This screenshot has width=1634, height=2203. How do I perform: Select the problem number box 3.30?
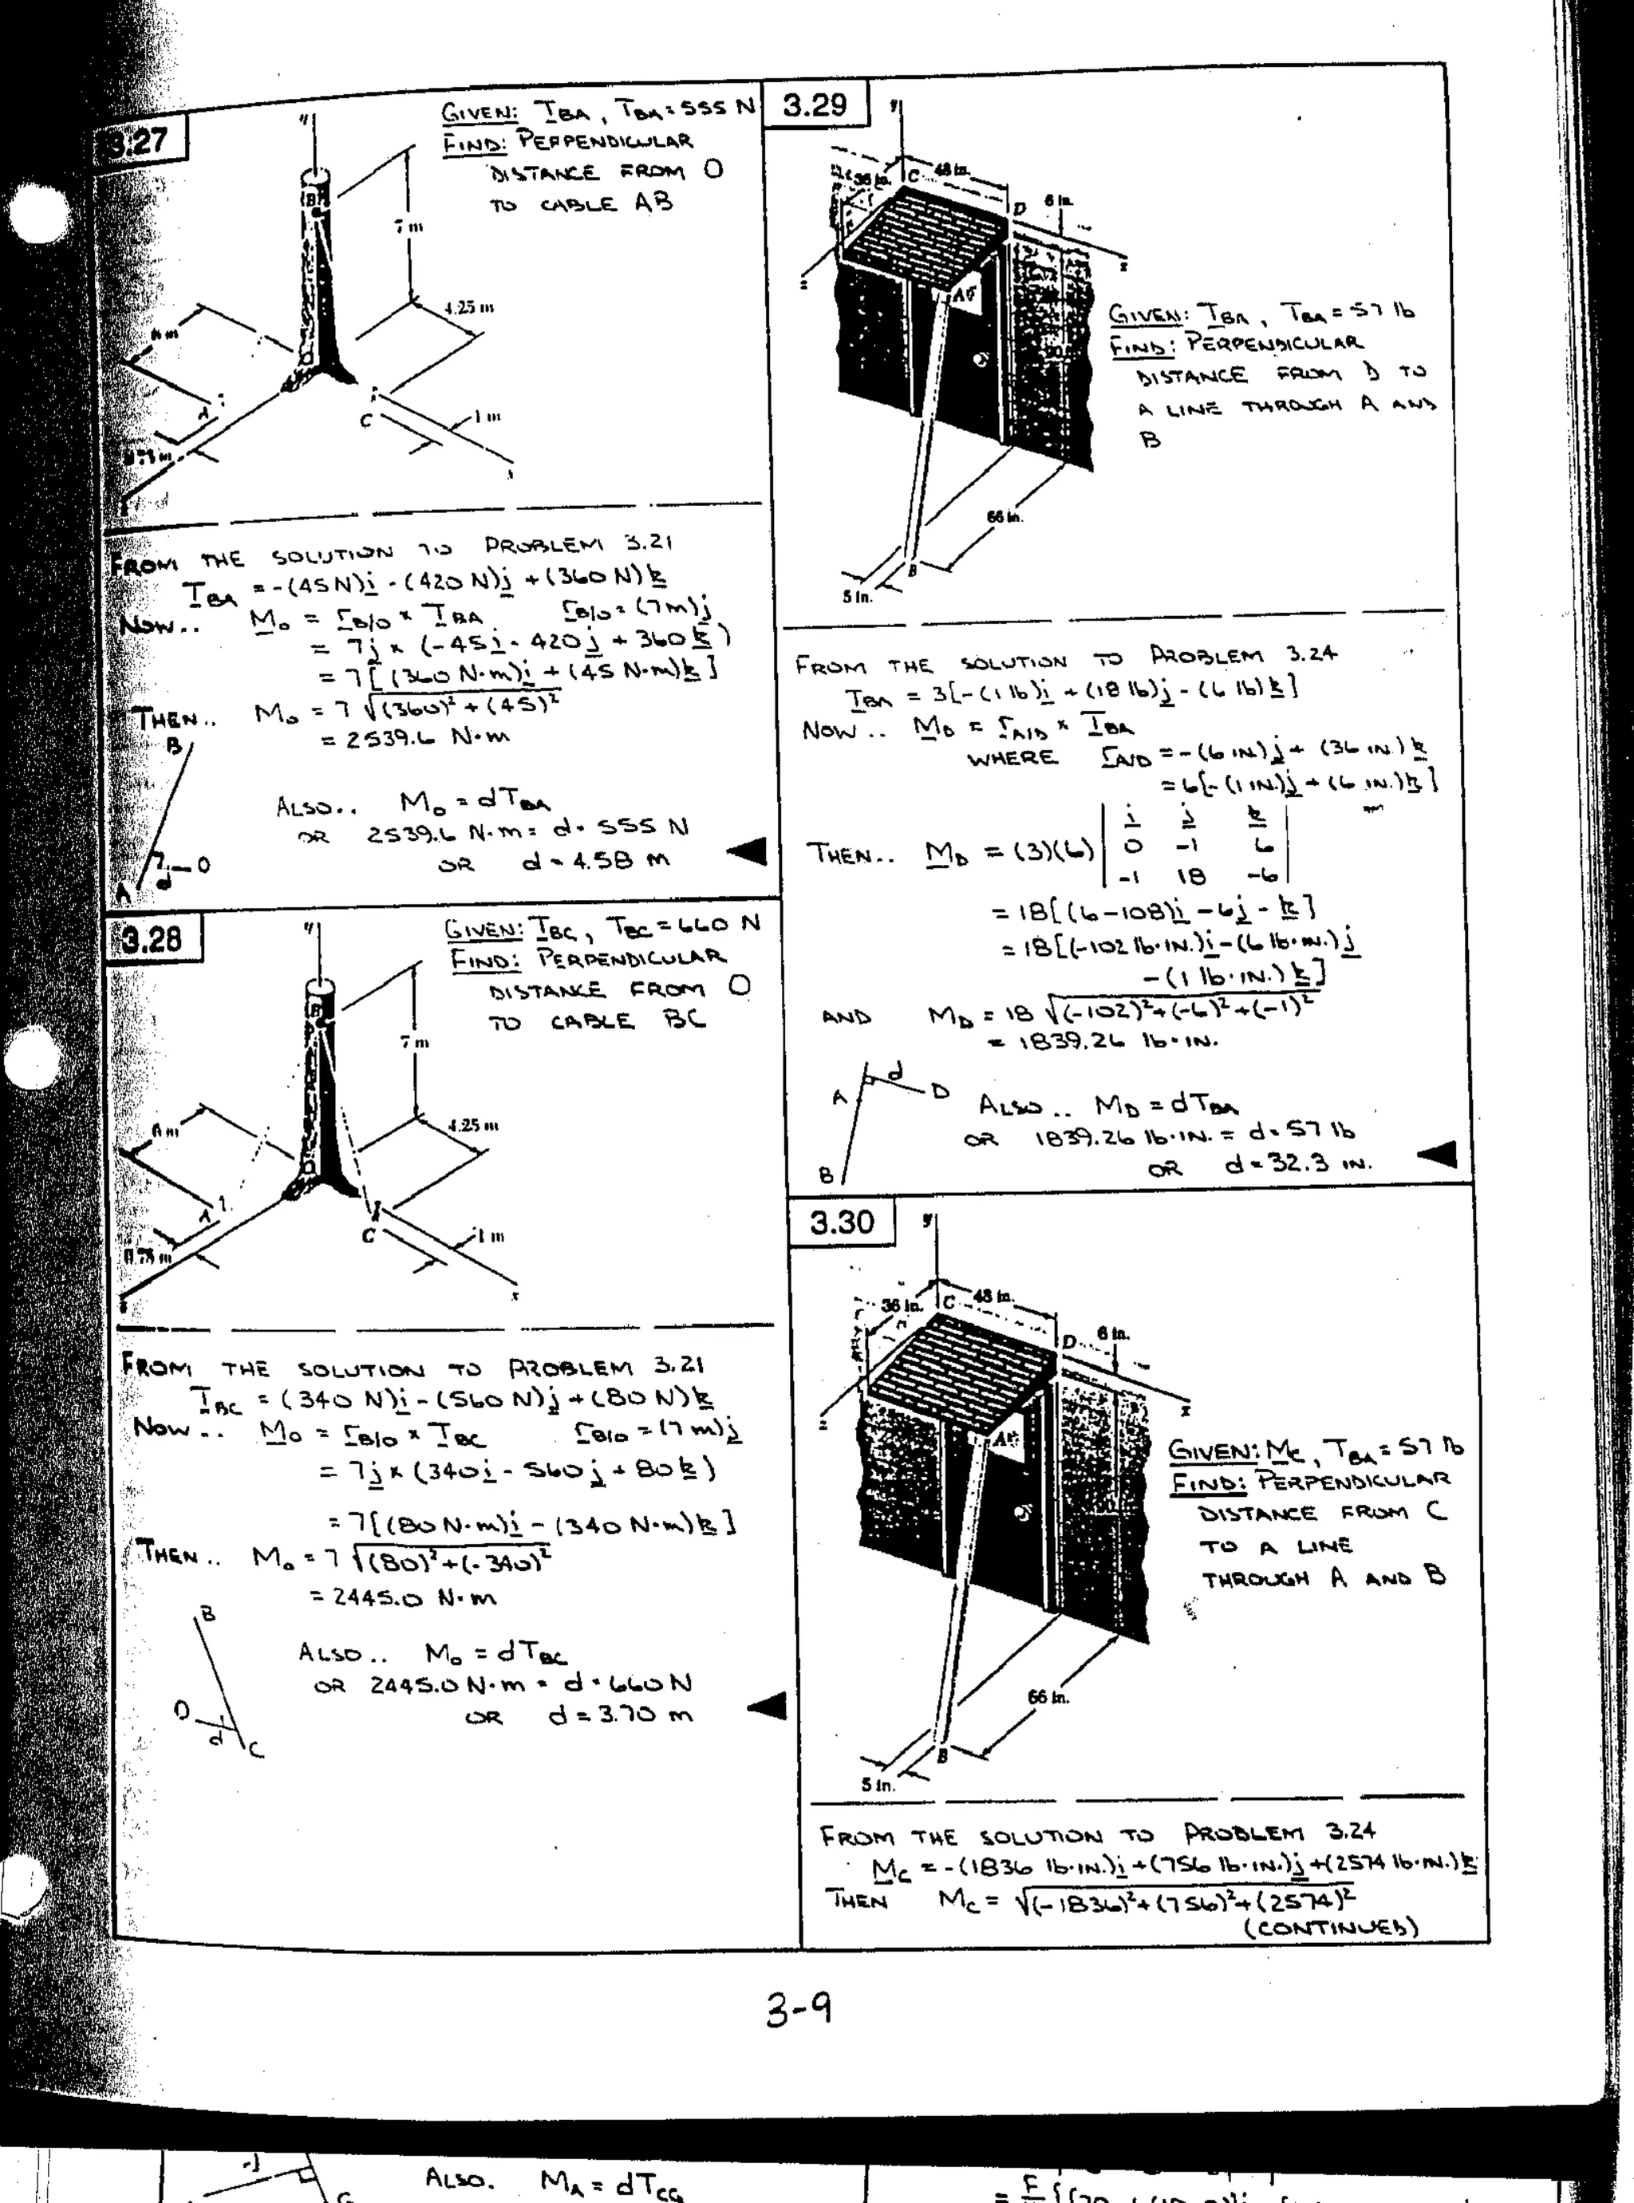(x=842, y=1222)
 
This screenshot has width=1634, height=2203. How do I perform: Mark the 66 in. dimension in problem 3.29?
(x=1004, y=516)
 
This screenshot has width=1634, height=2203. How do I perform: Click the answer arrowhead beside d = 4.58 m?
(x=747, y=851)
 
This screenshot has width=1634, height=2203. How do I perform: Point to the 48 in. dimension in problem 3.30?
(x=993, y=1297)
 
